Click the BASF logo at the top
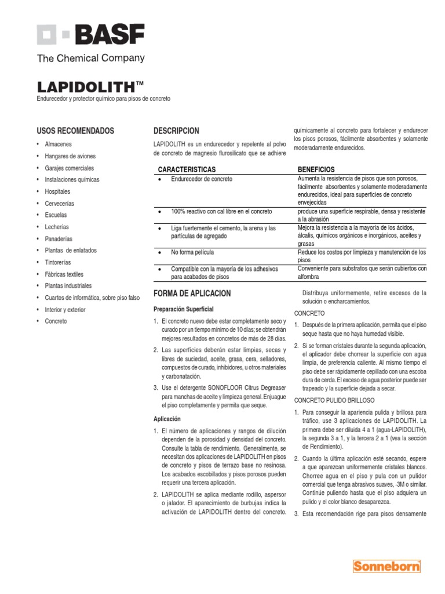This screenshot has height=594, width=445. pos(90,35)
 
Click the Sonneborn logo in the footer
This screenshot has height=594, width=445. pos(386,567)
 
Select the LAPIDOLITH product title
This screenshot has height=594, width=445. pos(86,87)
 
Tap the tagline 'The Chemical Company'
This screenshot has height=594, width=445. pos(90,58)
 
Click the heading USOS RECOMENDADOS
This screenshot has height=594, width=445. pos(75,131)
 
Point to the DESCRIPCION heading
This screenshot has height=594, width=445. pos(176,131)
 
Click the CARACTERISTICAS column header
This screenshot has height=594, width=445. pos(187,169)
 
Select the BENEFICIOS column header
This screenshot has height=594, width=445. pos(316,169)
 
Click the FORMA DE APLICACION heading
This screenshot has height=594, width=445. pos(192,294)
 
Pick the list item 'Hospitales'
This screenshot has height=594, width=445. pos(57,191)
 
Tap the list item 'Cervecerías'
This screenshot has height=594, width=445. pos(60,204)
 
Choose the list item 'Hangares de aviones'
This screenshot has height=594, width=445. pos(70,156)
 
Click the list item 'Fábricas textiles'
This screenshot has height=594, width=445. pos(64,274)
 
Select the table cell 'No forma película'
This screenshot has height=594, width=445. pos(192,253)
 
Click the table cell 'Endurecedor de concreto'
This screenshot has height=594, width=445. pos(201,179)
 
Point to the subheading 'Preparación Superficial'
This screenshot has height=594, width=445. pos(183,309)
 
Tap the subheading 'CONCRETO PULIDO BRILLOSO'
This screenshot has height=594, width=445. pos(334,400)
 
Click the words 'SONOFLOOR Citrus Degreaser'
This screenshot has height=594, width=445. pos(248,387)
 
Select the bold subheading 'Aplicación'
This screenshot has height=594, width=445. pos(167,419)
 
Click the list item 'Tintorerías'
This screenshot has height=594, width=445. pos(59,262)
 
